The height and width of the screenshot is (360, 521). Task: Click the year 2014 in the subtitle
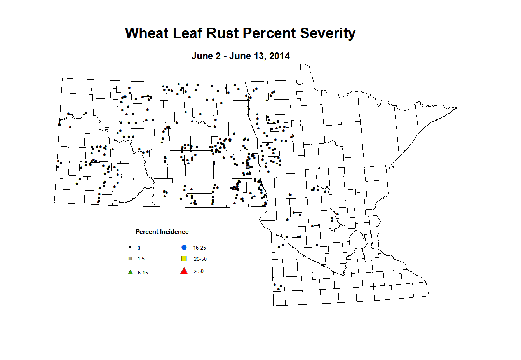[x=280, y=56]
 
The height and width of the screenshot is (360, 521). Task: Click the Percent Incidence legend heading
[x=162, y=232]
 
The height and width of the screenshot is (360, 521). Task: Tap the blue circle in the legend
[x=184, y=248]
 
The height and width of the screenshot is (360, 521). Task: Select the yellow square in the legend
[x=184, y=259]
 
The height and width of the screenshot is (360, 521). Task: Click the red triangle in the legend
[x=184, y=271]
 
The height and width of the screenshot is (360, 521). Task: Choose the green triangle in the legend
[x=131, y=272]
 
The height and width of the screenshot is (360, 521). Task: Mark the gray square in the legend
[x=131, y=259]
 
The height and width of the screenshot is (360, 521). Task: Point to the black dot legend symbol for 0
[x=131, y=248]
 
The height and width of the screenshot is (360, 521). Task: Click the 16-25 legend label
[x=199, y=248]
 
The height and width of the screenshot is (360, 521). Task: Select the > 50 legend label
[x=199, y=271]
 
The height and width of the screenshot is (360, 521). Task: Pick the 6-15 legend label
[x=143, y=273]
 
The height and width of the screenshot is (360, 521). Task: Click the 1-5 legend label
[x=141, y=259]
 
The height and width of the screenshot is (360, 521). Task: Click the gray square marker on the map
[x=248, y=167]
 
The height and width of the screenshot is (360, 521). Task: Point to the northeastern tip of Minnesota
[x=458, y=107]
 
